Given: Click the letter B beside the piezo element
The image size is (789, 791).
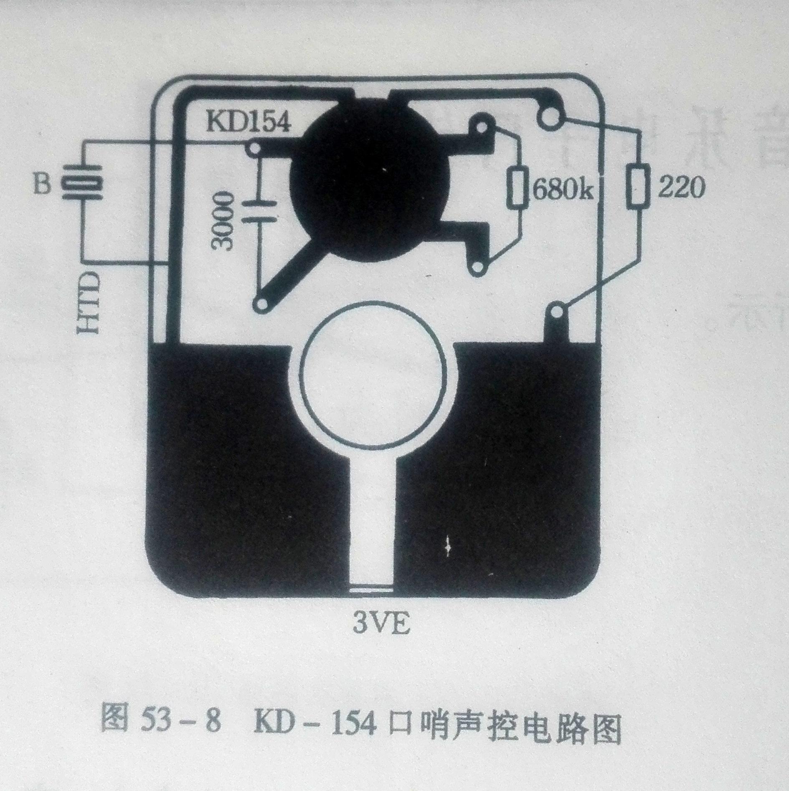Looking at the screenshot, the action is pyautogui.click(x=42, y=184).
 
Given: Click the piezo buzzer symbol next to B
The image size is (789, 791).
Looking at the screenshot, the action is pyautogui.click(x=82, y=184).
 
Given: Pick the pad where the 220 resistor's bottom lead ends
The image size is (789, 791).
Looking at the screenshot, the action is pyautogui.click(x=558, y=311).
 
